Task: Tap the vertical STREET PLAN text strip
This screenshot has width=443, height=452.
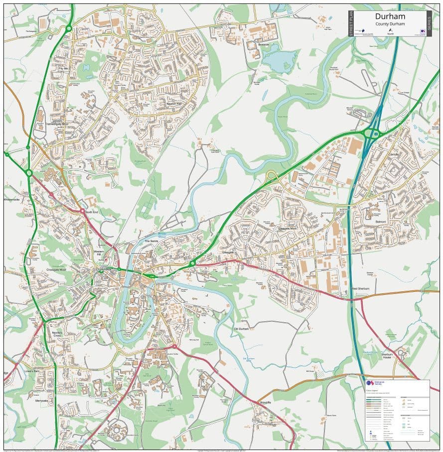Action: coord(351,23)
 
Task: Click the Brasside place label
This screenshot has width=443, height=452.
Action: coord(264,44)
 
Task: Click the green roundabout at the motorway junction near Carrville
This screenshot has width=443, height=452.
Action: coord(372,133)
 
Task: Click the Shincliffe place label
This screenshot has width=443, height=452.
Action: coord(265,402)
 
